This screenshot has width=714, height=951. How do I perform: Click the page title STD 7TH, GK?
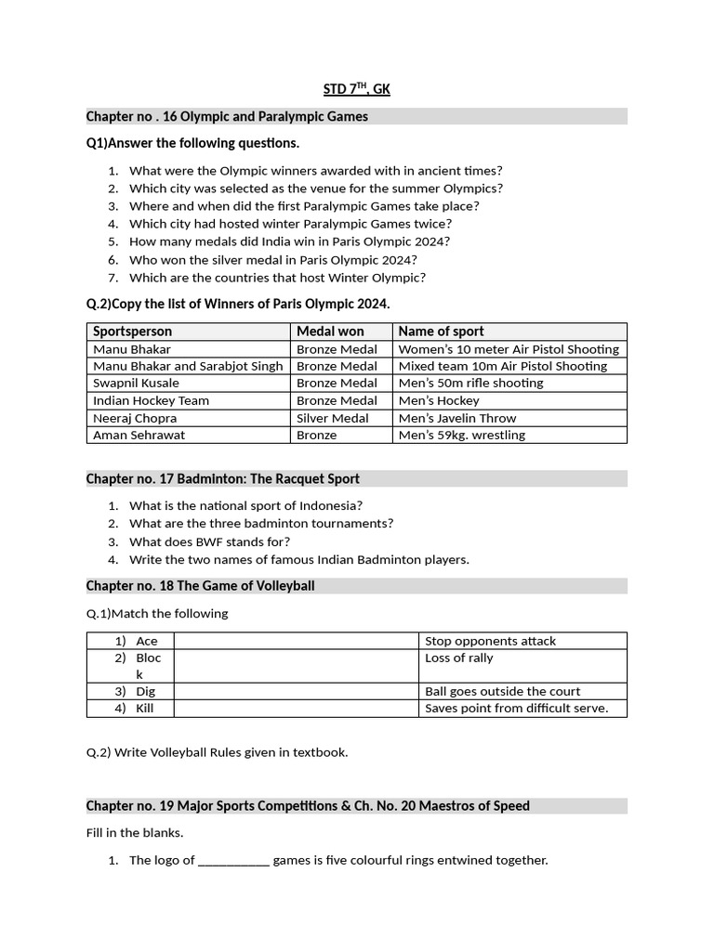click(356, 89)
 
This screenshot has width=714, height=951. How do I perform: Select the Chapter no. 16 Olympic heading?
click(227, 116)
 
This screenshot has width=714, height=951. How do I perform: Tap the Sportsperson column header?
click(132, 332)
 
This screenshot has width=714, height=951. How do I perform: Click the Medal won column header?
click(330, 332)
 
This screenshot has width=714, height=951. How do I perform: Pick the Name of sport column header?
click(441, 332)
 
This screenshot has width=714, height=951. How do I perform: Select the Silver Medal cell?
click(332, 418)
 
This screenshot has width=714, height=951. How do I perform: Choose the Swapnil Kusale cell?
click(136, 383)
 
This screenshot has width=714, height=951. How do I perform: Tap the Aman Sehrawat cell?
click(139, 435)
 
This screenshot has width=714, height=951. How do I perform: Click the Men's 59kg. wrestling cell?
click(461, 435)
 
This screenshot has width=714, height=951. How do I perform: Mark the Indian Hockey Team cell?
click(151, 400)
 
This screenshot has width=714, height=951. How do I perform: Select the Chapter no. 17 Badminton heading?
click(223, 478)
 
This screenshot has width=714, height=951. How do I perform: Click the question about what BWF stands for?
click(209, 541)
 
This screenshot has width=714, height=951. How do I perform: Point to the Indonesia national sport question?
click(245, 506)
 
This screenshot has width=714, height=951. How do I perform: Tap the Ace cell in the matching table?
click(146, 641)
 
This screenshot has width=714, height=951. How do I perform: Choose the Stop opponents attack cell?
click(490, 641)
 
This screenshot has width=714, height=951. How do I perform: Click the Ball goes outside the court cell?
click(502, 691)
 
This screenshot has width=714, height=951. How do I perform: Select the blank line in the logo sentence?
click(233, 861)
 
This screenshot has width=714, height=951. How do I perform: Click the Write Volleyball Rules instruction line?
click(217, 752)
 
